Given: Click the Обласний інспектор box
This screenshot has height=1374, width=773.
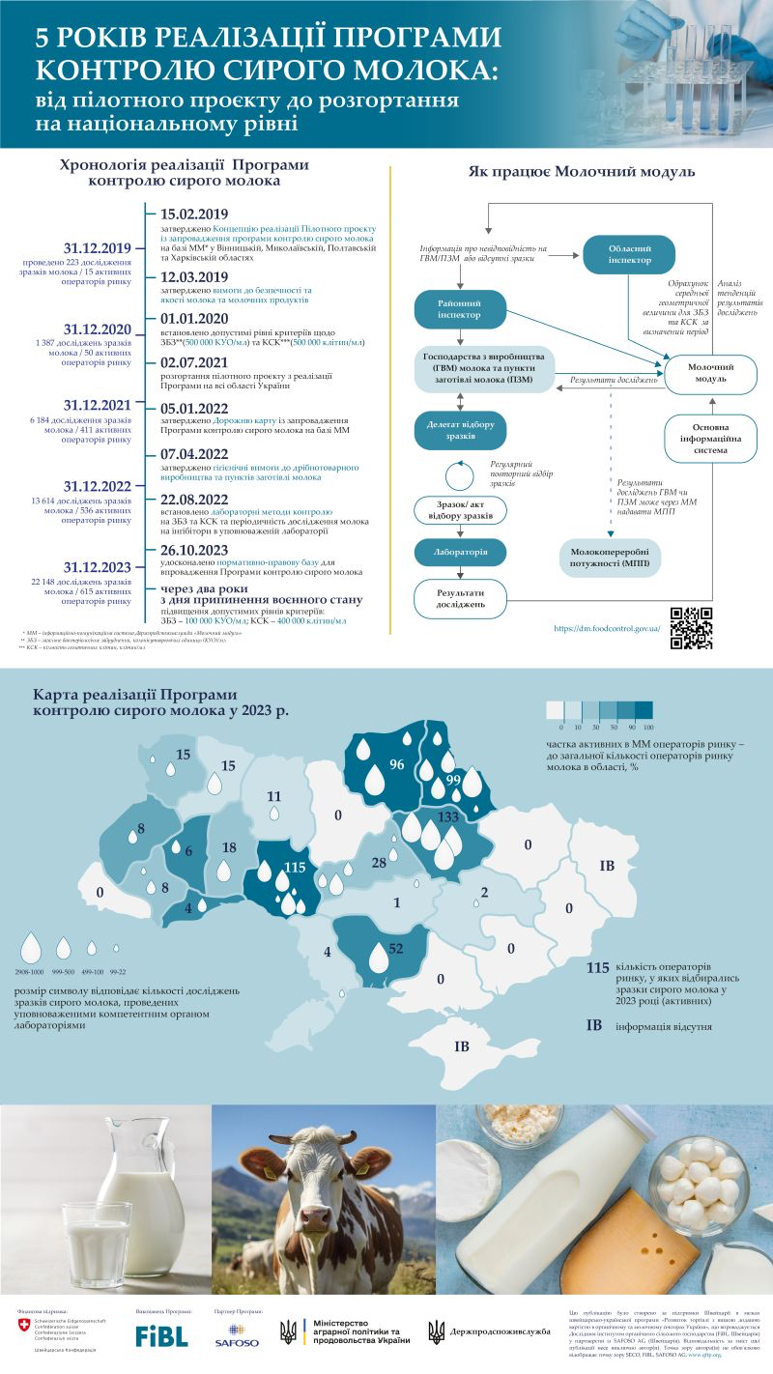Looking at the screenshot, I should (629, 253).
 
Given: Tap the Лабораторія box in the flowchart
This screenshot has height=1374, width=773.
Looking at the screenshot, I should (461, 552).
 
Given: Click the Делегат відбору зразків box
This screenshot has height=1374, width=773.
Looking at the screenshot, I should (461, 430).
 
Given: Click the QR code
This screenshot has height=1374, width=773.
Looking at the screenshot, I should (691, 628).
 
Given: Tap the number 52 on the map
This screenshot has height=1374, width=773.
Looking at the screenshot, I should (395, 949).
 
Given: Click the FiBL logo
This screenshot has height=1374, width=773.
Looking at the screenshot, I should (161, 1336).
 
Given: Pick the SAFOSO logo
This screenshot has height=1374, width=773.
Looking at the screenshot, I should (238, 1339).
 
